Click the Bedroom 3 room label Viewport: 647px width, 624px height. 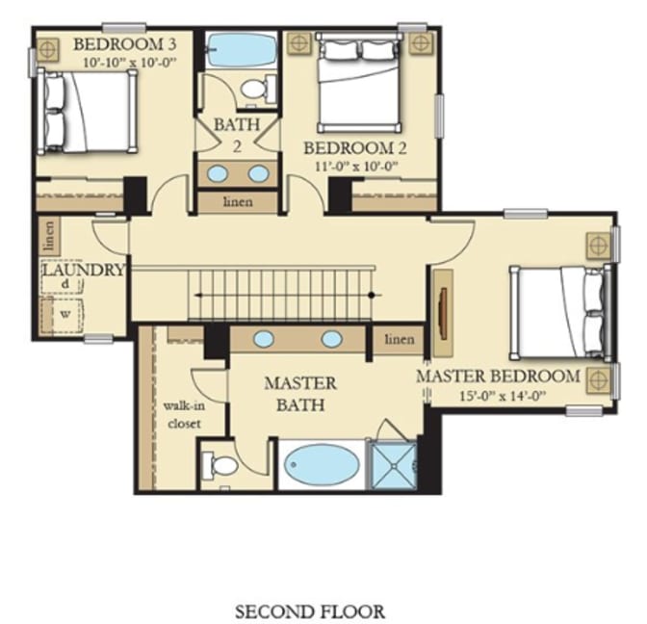click(124, 44)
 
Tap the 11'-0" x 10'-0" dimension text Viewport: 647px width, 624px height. click(356, 167)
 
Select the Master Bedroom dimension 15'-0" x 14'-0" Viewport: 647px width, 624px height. click(503, 396)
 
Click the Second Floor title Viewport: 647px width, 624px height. click(310, 611)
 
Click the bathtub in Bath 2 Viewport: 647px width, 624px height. click(242, 50)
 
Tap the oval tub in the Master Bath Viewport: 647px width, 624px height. click(323, 464)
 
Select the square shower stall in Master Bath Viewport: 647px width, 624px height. click(393, 465)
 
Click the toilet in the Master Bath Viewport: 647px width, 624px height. click(219, 466)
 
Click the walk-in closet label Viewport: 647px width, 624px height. click(185, 415)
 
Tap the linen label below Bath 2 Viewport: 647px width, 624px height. click(238, 202)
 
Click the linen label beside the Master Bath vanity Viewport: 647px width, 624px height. click(400, 339)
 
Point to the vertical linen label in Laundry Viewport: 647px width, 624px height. click(49, 237)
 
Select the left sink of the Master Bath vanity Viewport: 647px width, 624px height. click(264, 339)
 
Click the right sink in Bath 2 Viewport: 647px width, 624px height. click(259, 173)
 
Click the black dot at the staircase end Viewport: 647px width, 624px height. click(371, 295)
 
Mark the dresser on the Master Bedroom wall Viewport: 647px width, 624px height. click(443, 313)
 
